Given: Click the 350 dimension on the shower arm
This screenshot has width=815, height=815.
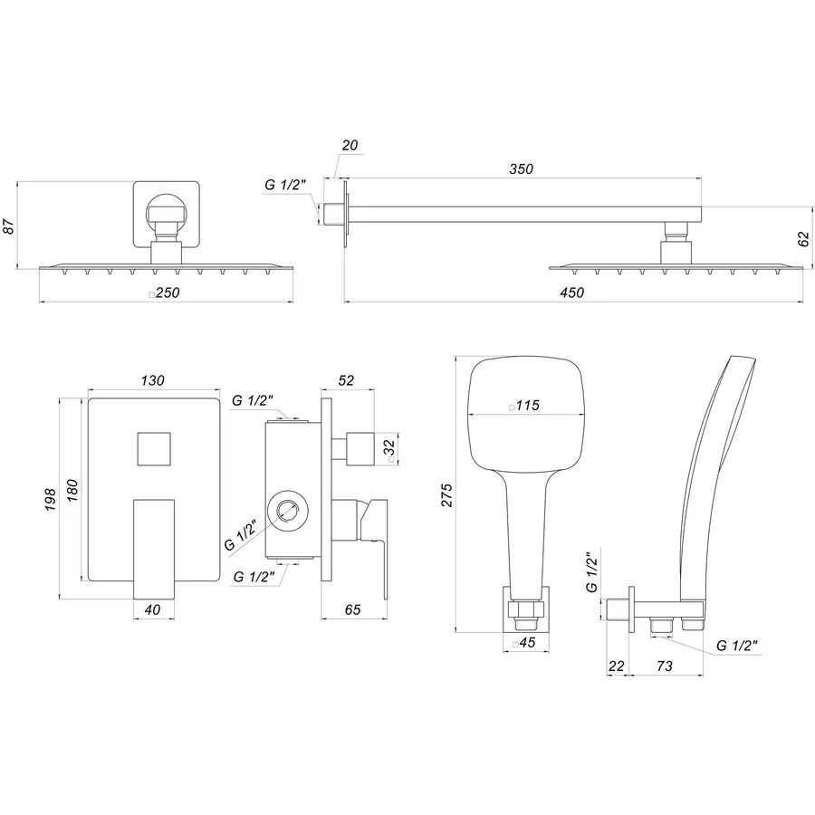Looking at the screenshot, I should click(x=521, y=168).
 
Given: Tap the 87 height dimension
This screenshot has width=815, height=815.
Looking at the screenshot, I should click(x=9, y=225).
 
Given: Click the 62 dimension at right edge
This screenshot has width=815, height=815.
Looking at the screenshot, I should click(x=802, y=238).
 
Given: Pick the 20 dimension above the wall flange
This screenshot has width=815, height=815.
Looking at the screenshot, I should click(x=350, y=146).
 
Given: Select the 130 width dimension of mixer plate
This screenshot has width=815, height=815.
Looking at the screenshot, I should click(x=152, y=381).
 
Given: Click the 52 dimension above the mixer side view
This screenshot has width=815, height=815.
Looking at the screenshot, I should click(x=346, y=381).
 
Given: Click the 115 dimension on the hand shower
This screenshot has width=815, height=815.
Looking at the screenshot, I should click(x=524, y=407).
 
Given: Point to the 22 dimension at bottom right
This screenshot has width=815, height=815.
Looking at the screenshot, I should click(x=617, y=666).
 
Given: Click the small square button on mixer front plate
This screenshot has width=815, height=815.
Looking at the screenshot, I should click(x=152, y=449).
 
